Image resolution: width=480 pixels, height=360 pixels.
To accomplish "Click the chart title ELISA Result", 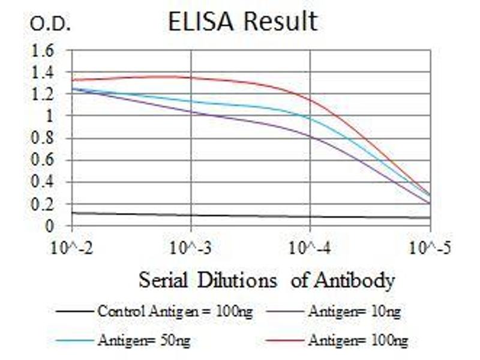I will coord(242,22).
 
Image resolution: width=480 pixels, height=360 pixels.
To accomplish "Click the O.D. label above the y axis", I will coord(50,25).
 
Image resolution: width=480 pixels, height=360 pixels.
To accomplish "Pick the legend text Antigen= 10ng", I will coord(354,311).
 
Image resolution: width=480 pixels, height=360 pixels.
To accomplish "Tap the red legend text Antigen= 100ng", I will coord(358,341).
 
